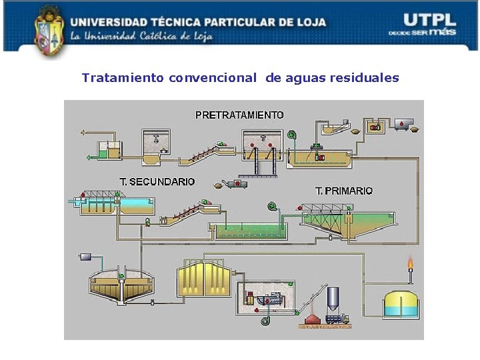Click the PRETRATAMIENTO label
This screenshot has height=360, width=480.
[x=239, y=115]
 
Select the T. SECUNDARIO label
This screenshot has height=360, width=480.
[x=157, y=181]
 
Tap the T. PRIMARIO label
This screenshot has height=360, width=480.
[x=344, y=191]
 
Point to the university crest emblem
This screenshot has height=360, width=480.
[x=48, y=28]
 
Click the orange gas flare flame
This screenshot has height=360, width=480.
[x=410, y=265]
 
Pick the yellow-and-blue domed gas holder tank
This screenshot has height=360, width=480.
[x=400, y=305]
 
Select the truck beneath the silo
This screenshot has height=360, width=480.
[x=337, y=319]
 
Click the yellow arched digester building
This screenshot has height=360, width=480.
[x=203, y=279]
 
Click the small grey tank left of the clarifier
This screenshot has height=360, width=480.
[x=85, y=257]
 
